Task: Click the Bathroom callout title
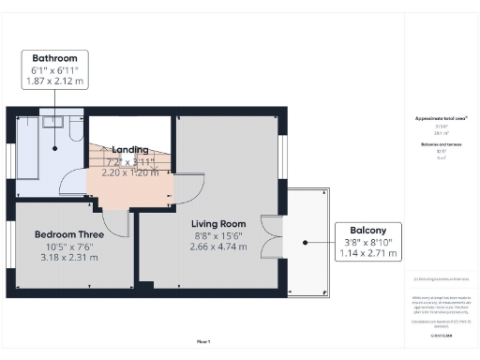54,57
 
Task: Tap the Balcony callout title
368,229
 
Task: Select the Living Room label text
218,223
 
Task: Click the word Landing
130,150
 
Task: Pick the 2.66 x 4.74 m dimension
218,246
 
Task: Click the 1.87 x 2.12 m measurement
54,82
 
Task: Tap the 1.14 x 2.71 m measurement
368,253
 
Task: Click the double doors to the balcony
272,240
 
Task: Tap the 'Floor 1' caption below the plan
203,341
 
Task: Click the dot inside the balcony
307,241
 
